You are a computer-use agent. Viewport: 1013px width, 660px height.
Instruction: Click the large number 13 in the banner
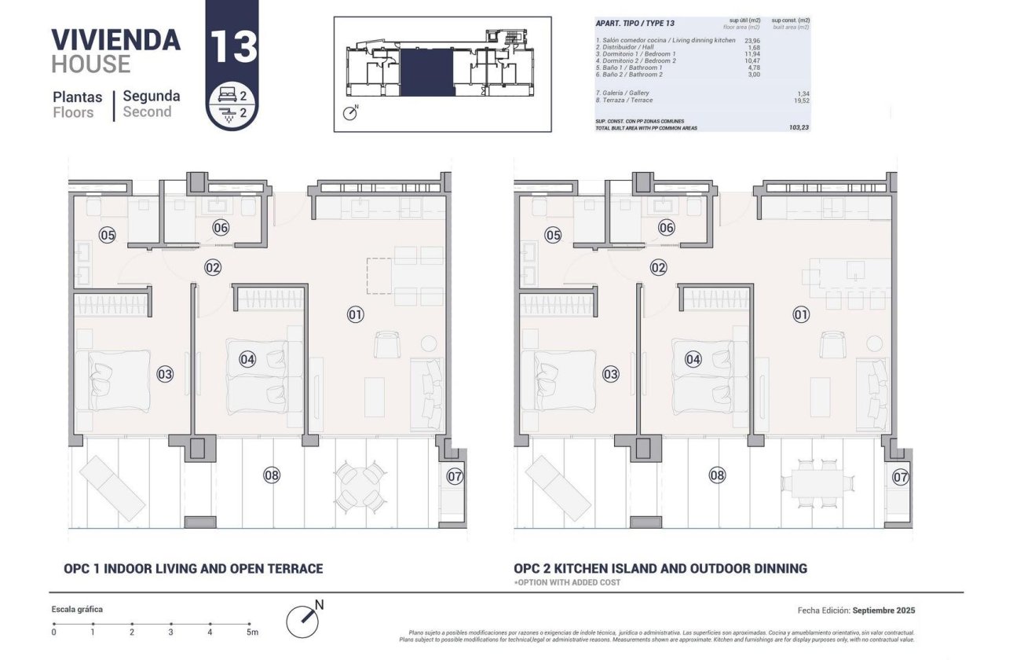tap(232, 46)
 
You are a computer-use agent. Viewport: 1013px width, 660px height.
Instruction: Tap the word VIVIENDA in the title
tap(115, 39)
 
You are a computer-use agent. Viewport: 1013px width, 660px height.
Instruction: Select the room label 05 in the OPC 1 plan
tap(108, 234)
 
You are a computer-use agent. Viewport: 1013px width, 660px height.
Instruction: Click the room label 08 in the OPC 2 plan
tap(717, 475)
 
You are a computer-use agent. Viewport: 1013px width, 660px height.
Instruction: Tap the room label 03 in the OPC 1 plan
tap(165, 374)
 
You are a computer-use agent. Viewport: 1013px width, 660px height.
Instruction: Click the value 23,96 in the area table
tap(752, 40)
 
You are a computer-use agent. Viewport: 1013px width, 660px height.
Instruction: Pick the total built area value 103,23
tap(799, 126)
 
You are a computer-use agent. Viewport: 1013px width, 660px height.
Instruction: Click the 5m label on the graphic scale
tap(251, 632)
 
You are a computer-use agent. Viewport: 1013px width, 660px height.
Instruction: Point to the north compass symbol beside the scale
tap(304, 621)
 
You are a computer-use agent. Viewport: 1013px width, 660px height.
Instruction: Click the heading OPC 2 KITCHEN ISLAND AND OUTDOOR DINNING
tap(660, 568)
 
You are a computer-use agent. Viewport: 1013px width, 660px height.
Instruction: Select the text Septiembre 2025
tap(883, 610)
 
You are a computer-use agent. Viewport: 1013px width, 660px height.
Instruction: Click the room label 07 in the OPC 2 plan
tap(901, 477)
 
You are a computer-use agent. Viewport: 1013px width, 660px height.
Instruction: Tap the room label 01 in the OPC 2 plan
tap(801, 315)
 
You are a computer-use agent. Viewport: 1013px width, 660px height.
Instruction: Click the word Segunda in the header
tap(152, 96)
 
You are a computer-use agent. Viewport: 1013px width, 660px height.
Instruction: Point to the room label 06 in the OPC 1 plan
tap(221, 228)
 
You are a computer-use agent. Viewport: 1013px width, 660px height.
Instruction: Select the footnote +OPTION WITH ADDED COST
tap(567, 582)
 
